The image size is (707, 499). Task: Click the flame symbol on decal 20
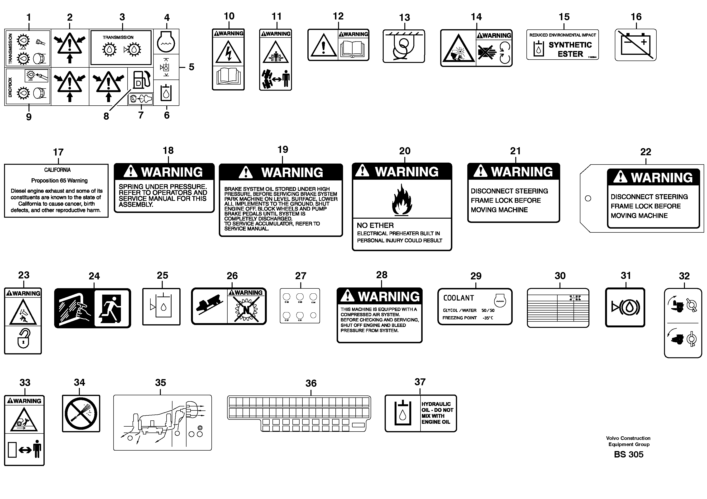401,200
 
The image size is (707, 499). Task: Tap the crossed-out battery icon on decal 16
635,46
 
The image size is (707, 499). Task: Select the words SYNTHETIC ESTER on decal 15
570,49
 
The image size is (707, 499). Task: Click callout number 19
282,150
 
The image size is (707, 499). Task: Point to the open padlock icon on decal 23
24,339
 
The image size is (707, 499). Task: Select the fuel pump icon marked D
142,79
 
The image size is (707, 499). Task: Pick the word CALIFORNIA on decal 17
57,170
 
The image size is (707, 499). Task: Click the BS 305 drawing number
628,454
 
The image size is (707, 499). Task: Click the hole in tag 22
588,198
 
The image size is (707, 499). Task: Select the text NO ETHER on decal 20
375,226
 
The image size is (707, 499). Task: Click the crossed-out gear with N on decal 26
246,309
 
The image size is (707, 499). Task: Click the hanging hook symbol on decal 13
403,47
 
